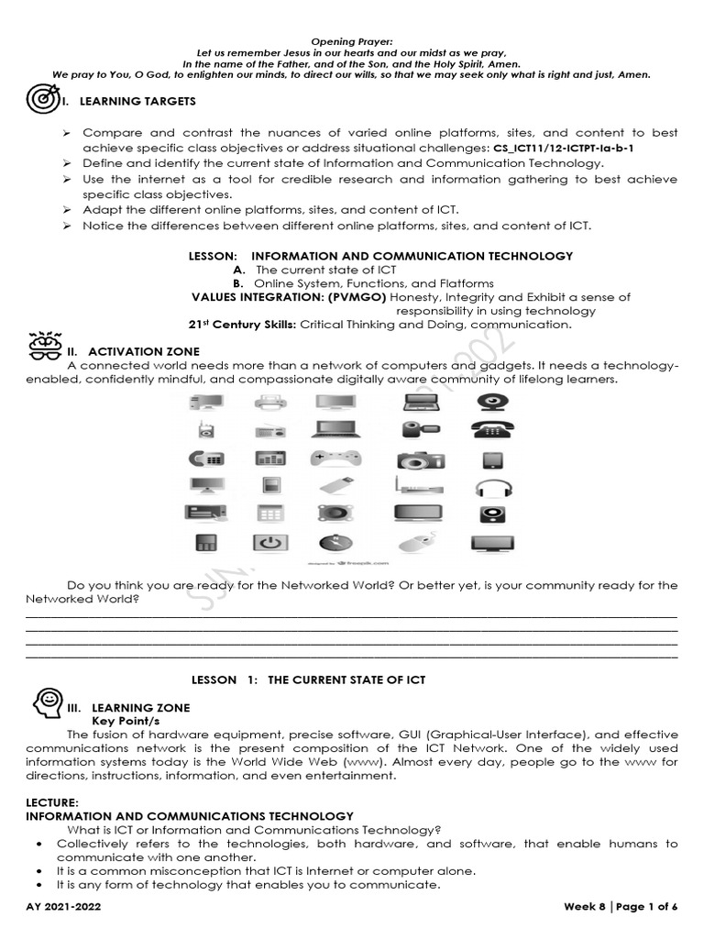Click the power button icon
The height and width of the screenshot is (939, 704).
(269, 543)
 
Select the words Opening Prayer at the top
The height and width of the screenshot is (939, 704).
(351, 42)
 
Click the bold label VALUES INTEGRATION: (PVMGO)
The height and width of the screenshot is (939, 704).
(289, 297)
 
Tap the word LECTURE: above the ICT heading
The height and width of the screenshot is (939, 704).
(52, 801)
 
